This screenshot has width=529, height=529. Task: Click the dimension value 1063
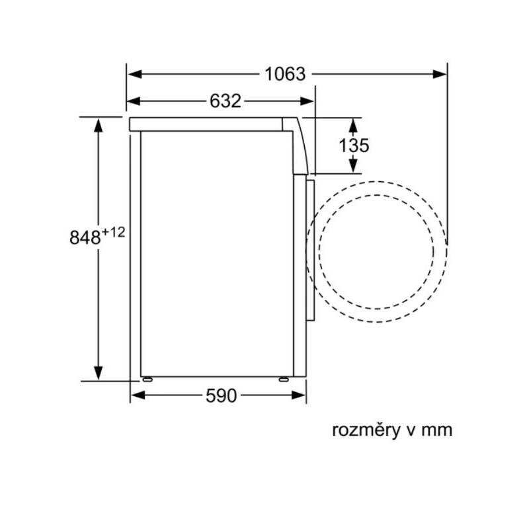click(285, 74)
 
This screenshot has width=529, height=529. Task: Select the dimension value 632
click(225, 101)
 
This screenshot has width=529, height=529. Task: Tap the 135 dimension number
click(354, 145)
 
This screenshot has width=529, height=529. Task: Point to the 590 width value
click(221, 395)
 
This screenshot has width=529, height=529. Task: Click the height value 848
click(85, 237)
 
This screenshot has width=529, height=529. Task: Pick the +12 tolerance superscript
click(113, 232)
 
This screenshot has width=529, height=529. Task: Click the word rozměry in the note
click(365, 430)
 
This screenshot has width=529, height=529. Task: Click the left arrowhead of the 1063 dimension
click(134, 74)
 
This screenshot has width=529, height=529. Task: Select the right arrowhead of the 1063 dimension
click(440, 74)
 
